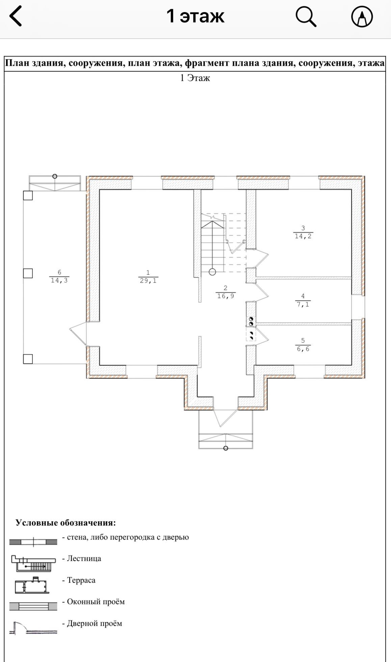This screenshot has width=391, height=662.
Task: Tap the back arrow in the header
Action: pyautogui.click(x=16, y=16)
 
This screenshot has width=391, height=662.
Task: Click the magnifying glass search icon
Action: pyautogui.click(x=306, y=16)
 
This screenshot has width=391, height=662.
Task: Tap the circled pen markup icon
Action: pyautogui.click(x=362, y=16)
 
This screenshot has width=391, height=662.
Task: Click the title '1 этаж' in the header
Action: pyautogui.click(x=195, y=16)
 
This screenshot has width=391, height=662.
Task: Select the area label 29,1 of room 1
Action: pyautogui.click(x=148, y=281)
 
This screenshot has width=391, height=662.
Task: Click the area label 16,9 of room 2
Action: pyautogui.click(x=226, y=296)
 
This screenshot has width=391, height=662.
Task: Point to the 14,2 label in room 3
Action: pyautogui.click(x=303, y=236)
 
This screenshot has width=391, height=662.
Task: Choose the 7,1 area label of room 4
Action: pyautogui.click(x=303, y=304)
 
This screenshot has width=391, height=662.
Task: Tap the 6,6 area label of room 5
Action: pyautogui.click(x=303, y=349)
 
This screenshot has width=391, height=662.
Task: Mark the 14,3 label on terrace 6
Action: pyautogui.click(x=59, y=280)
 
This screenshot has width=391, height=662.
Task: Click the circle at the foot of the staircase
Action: pyautogui.click(x=212, y=272)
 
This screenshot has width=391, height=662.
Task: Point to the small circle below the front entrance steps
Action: pyautogui.click(x=226, y=448)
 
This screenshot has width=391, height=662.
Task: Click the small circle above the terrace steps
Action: pyautogui.click(x=55, y=176)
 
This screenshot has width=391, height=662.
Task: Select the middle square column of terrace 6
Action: pyautogui.click(x=28, y=273)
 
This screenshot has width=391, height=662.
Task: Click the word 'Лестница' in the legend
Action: pyautogui.click(x=84, y=558)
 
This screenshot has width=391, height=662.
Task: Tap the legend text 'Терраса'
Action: pyautogui.click(x=81, y=580)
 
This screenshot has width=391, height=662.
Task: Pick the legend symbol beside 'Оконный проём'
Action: pyautogui.click(x=33, y=606)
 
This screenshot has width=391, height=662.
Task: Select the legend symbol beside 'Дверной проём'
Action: pyautogui.click(x=33, y=628)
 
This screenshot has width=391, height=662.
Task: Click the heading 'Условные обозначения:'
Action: pyautogui.click(x=66, y=523)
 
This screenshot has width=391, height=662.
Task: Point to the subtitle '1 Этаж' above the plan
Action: pyautogui.click(x=195, y=78)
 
